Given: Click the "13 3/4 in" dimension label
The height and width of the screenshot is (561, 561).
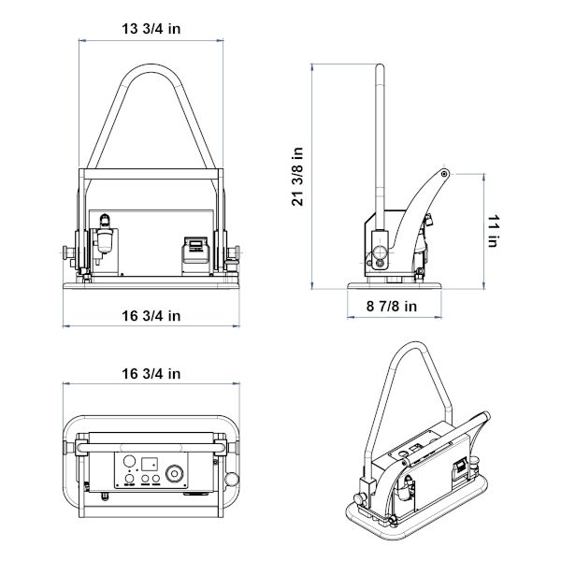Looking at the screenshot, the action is pos(151,29).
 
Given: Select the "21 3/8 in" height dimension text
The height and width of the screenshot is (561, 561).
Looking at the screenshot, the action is pos(297,177).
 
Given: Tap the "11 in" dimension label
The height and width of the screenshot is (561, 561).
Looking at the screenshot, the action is pos(494,231).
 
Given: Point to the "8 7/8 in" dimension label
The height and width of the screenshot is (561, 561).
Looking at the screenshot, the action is pos(392,307).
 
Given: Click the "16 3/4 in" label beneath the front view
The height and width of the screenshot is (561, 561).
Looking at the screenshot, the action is pos(151,316).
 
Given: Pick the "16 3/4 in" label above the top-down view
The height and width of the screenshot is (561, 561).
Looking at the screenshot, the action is pos(151,374).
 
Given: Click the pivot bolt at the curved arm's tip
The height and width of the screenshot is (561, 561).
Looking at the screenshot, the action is pos(444,174).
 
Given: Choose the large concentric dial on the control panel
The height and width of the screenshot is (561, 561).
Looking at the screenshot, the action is pos(174,474).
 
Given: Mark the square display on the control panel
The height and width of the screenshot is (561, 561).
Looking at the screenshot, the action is pos(150,464).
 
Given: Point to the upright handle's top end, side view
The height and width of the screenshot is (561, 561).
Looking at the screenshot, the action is pos(380,66).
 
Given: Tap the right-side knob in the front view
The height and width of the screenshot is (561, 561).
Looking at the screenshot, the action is pos(237,252).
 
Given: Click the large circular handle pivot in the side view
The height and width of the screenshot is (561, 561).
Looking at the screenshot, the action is pos(380,252).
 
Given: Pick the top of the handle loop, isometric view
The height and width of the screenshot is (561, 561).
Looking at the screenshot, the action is pos(414,344).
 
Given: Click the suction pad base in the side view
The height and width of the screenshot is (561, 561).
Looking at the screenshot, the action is pos(395,285).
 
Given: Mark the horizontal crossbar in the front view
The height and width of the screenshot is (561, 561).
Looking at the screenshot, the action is pos(151,174).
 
